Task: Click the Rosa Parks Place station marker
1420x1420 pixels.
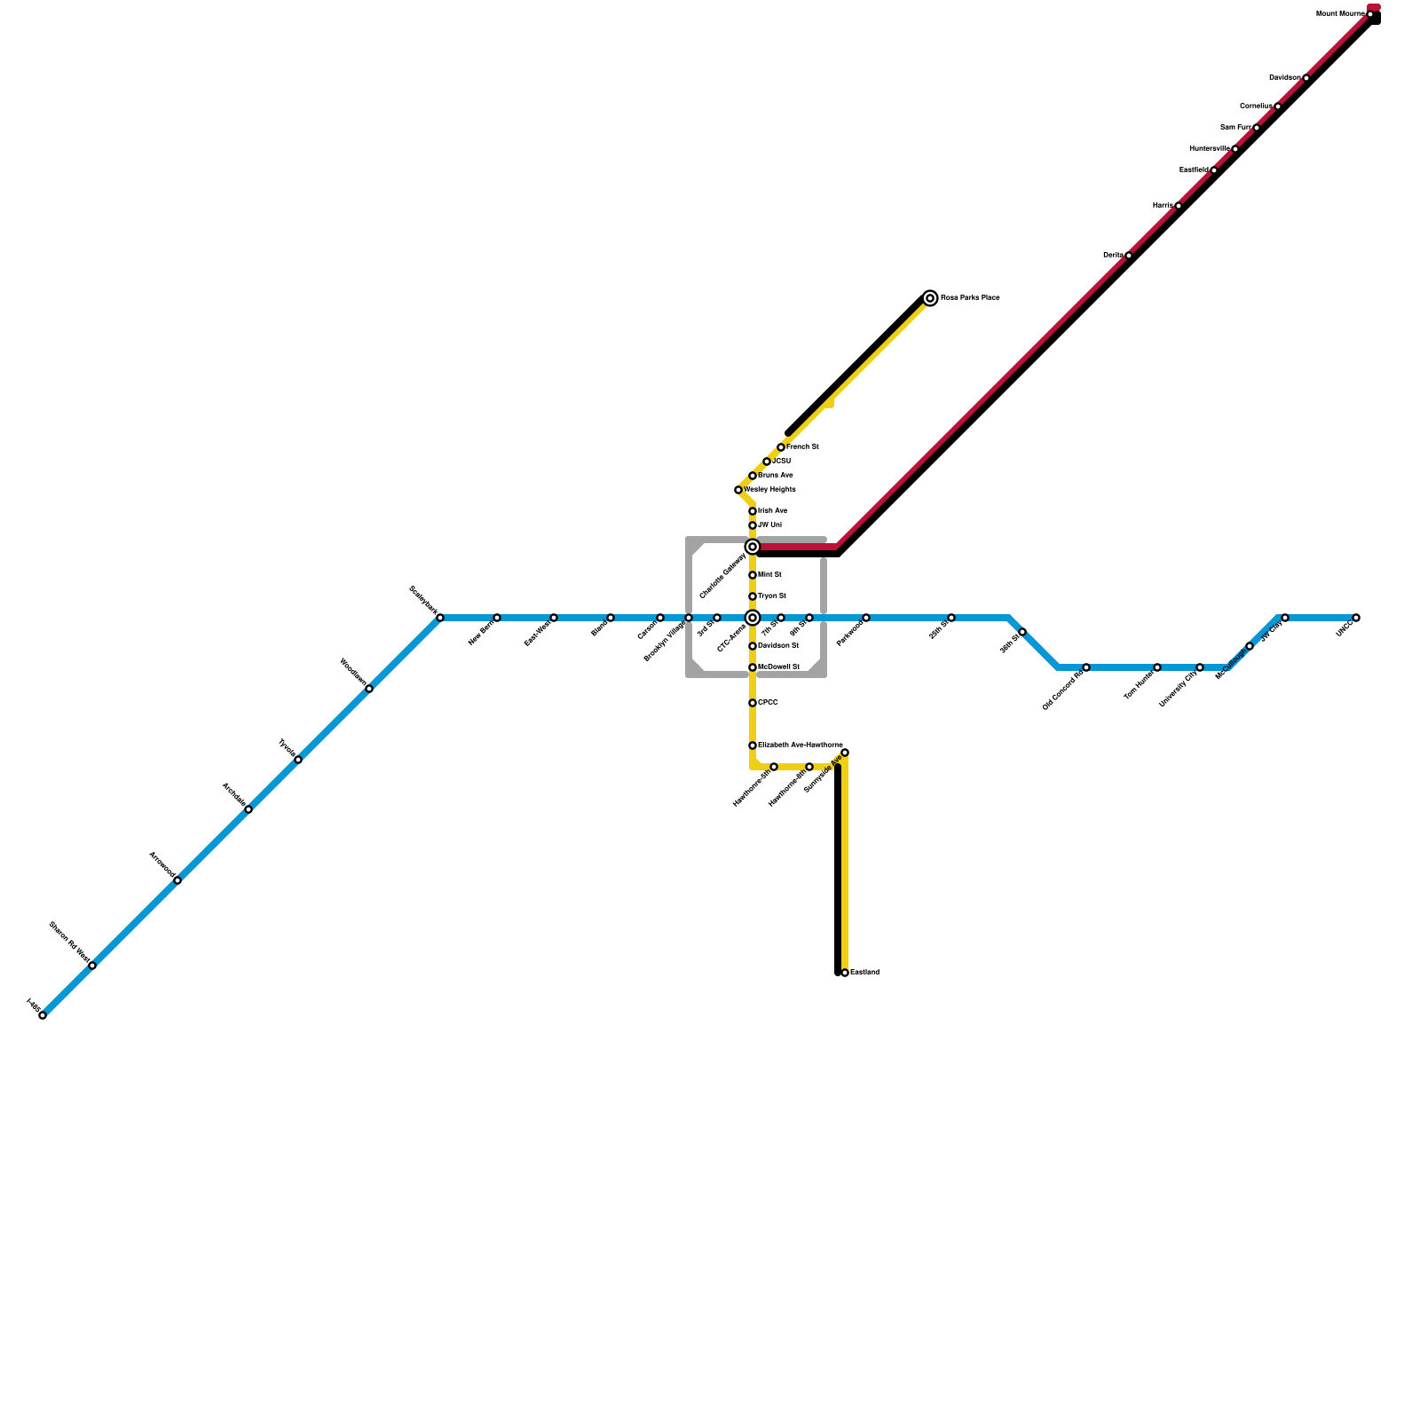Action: tap(930, 298)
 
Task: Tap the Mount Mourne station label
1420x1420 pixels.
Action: tap(1340, 14)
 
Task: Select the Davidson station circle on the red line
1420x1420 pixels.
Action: tap(1306, 78)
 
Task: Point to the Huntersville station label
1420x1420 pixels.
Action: tap(1210, 148)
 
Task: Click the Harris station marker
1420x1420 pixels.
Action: tap(1179, 206)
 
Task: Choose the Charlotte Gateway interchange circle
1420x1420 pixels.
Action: tap(753, 547)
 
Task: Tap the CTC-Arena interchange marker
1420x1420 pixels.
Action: tap(753, 618)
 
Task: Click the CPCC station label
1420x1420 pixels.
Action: tap(769, 703)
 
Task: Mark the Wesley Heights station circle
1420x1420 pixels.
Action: tap(738, 490)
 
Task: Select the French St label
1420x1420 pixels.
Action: tap(803, 447)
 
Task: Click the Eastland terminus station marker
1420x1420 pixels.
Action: tap(845, 973)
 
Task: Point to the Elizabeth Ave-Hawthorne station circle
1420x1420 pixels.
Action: tap(753, 745)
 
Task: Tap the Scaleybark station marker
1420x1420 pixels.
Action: tap(440, 618)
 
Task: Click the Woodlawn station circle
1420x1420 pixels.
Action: tap(369, 689)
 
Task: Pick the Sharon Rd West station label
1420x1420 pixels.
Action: tap(70, 943)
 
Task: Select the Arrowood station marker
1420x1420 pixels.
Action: tap(177, 880)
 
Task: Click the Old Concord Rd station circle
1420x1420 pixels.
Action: tap(1086, 667)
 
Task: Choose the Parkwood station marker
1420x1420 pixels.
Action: tap(866, 618)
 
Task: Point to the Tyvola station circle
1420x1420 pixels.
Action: tap(298, 760)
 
